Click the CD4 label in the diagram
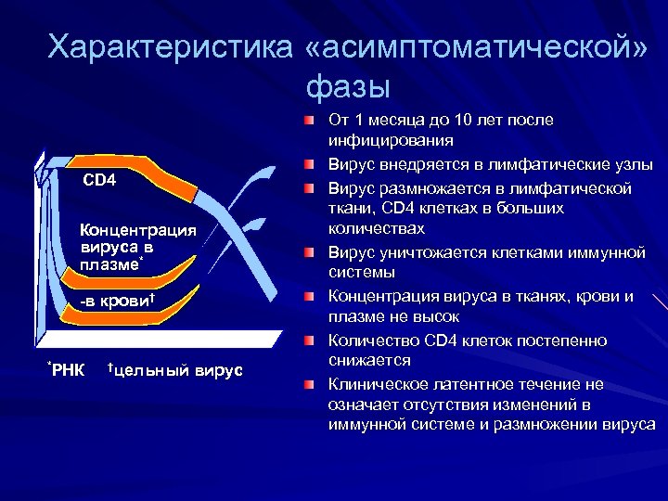click(99, 179)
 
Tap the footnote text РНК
click(66, 371)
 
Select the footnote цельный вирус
click(175, 371)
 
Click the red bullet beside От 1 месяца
click(309, 122)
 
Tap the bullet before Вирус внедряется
click(309, 165)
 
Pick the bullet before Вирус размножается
click(309, 188)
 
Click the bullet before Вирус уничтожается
click(309, 252)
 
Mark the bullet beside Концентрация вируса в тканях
click(309, 297)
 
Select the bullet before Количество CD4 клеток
click(309, 340)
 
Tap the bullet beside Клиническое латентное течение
click(309, 384)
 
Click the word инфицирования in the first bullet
click(391, 141)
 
